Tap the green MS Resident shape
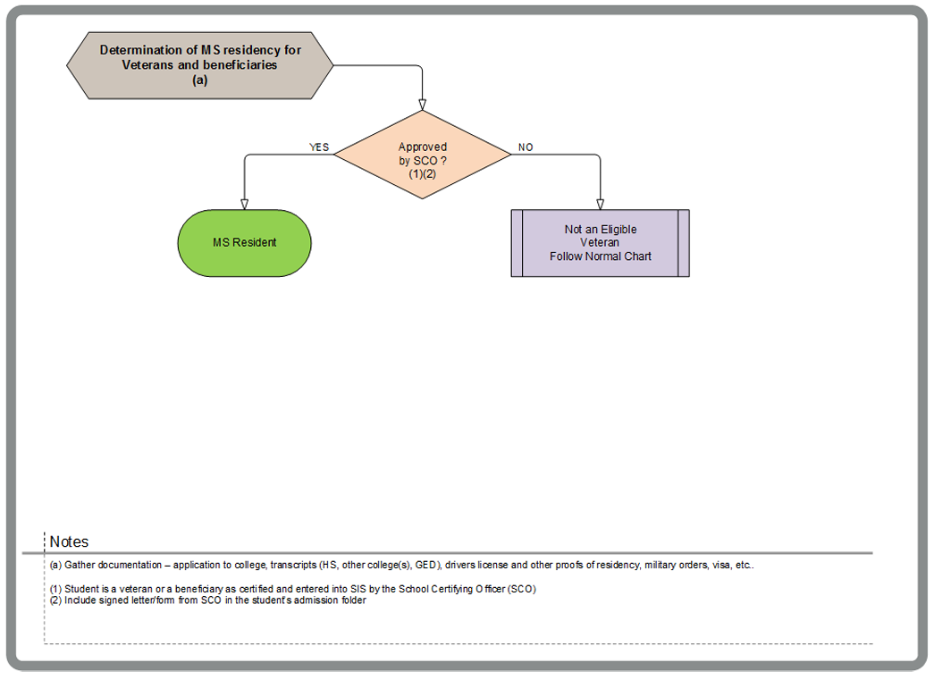[244, 243]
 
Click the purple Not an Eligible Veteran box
[600, 243]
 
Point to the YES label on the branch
[319, 147]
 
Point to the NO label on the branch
[526, 147]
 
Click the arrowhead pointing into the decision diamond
[422, 103]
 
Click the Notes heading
[69, 541]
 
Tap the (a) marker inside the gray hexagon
[200, 79]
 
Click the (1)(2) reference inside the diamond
[422, 173]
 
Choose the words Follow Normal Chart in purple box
[600, 256]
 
